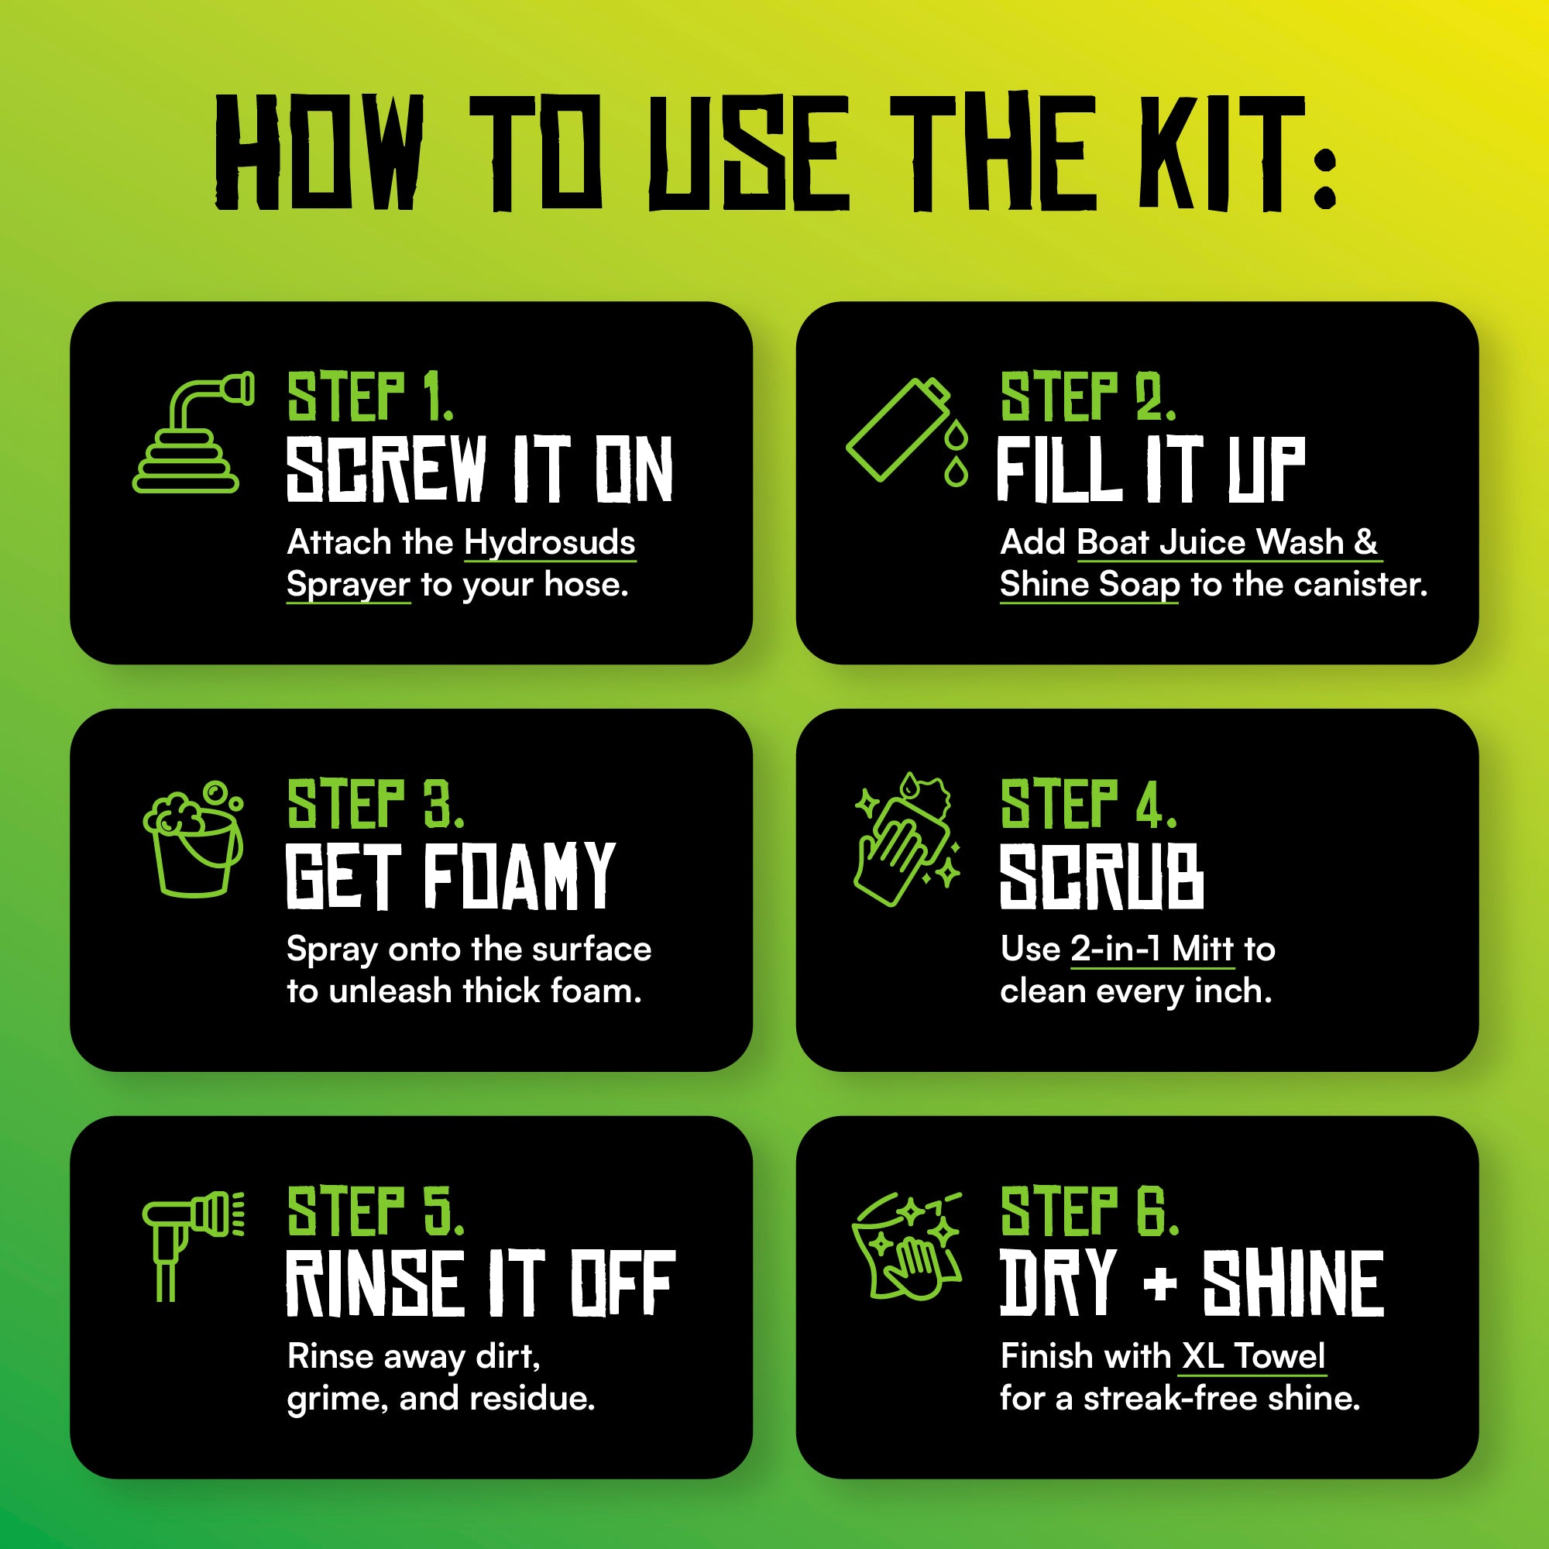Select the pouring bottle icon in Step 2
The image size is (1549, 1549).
click(907, 431)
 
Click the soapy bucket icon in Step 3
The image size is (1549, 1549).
click(193, 839)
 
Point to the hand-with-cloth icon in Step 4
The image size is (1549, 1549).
click(907, 840)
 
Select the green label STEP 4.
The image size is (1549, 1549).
click(1088, 803)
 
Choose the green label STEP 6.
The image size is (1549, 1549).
click(1090, 1211)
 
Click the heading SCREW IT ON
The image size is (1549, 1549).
click(479, 470)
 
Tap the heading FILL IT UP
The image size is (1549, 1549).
click(1151, 470)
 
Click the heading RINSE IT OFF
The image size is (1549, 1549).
click(480, 1283)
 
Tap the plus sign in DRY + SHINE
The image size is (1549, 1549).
click(1160, 1285)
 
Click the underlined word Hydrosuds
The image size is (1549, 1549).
click(550, 544)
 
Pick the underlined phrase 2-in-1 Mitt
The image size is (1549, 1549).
click(1152, 950)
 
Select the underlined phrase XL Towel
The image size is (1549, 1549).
click(1254, 1357)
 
